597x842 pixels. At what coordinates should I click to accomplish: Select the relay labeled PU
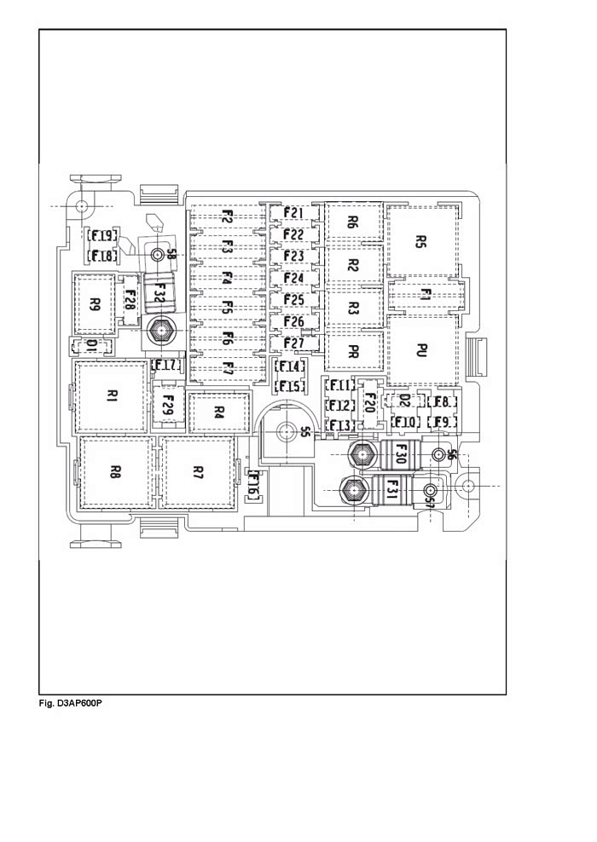423,350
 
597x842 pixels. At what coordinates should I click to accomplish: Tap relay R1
112,397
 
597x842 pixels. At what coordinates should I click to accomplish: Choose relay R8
116,472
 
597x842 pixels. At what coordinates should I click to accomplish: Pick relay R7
198,472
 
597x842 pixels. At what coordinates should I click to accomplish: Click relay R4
219,412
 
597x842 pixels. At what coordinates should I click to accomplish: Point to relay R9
95,304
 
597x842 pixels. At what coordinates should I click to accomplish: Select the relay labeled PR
354,351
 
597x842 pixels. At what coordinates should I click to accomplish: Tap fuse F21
294,213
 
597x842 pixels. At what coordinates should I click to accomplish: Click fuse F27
294,343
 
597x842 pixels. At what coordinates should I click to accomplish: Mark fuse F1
425,296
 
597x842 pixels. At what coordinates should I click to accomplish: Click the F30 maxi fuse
400,453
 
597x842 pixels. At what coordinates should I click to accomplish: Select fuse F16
254,483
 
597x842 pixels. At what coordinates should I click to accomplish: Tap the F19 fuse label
102,236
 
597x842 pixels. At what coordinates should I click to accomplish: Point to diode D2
404,400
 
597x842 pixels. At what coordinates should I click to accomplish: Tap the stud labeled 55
285,430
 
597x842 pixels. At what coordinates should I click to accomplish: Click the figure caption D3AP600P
71,703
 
